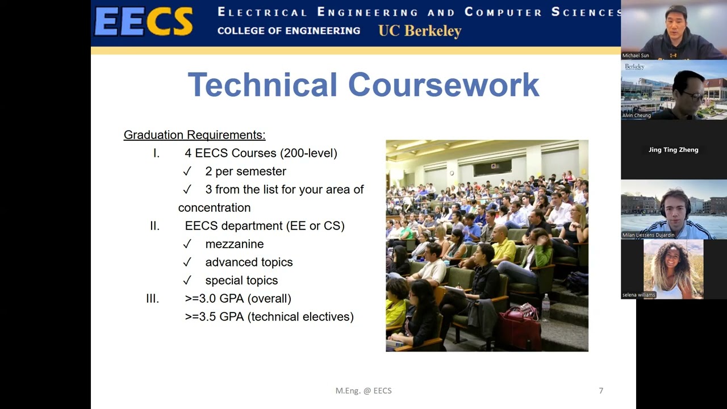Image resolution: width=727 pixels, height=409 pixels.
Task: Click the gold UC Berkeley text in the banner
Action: (420, 31)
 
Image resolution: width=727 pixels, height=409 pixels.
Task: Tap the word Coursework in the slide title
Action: (443, 85)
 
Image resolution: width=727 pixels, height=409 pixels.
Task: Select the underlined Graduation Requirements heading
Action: (194, 135)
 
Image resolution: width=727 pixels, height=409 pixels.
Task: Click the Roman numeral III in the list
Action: (152, 298)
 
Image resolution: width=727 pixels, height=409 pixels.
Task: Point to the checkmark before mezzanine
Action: (187, 244)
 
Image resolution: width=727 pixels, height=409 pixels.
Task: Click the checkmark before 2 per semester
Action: (187, 171)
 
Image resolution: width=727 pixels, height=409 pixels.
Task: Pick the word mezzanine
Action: (234, 244)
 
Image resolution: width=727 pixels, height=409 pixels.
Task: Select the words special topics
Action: (241, 280)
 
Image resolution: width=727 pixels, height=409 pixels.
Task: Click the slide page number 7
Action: (601, 390)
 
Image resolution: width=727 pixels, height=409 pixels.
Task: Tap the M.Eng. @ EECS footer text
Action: (363, 390)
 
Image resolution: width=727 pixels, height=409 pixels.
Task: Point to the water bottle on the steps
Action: (545, 308)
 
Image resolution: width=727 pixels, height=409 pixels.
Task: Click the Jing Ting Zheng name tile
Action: (673, 149)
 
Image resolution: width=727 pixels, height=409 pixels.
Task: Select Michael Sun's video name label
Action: (636, 56)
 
